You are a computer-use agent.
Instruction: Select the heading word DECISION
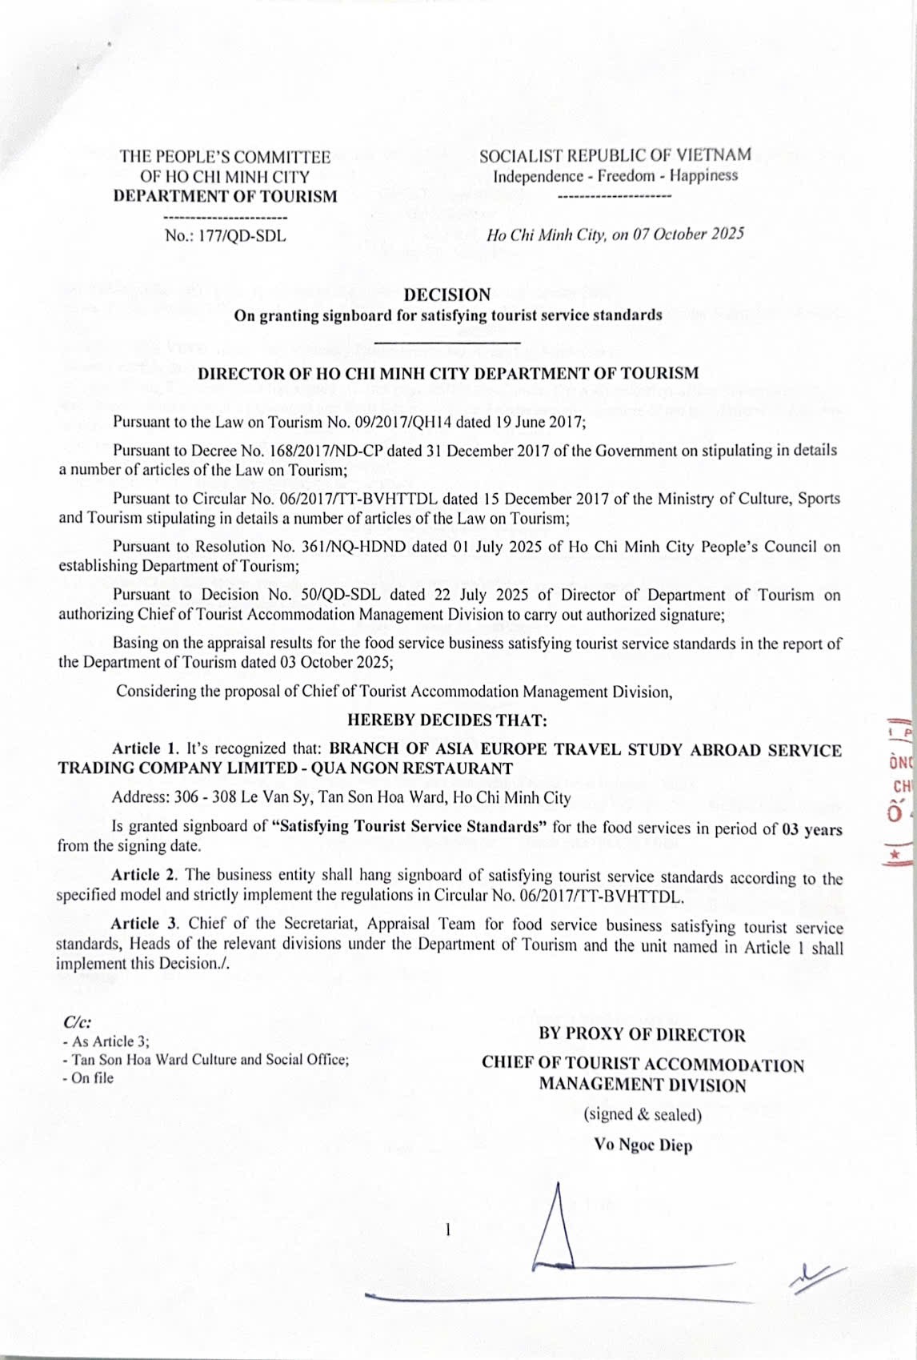click(447, 295)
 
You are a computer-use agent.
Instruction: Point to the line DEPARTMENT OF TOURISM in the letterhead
click(225, 196)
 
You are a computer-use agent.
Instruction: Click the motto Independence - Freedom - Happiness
click(615, 175)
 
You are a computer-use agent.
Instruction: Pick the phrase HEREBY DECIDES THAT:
click(447, 720)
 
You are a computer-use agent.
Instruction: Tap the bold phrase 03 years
click(811, 829)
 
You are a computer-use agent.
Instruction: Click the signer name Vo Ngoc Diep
click(643, 1145)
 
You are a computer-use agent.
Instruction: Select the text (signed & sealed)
click(643, 1114)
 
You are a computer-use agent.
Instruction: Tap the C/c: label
click(77, 1022)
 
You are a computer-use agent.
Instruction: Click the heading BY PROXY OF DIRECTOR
click(642, 1034)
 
